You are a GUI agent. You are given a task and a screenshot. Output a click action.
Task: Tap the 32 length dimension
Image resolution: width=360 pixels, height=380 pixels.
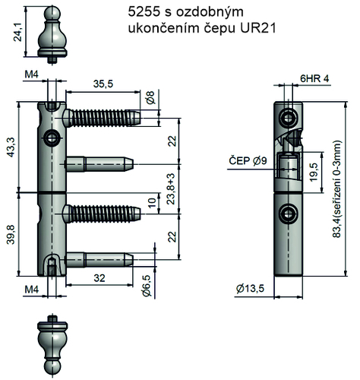tap(99, 279)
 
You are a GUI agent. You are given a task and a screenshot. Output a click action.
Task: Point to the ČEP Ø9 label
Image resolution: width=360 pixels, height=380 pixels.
tap(247, 160)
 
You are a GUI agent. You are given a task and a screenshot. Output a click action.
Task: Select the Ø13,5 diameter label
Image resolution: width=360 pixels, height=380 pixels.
tap(251, 289)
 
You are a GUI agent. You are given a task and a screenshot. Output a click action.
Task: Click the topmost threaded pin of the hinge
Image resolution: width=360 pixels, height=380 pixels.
tap(102, 118)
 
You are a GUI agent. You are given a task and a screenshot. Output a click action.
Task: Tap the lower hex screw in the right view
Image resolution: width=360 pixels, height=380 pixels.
tap(287, 211)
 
